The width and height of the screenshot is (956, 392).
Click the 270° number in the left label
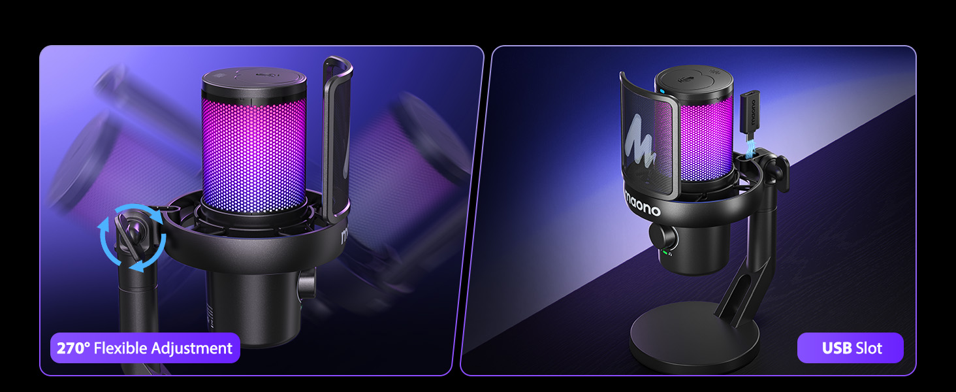[x=73, y=348]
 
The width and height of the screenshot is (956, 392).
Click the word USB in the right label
[x=836, y=348]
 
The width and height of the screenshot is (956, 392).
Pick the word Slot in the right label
[x=869, y=348]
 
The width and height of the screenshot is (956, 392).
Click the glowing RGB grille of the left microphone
[x=254, y=150]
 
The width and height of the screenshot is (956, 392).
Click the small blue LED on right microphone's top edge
[x=661, y=91]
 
